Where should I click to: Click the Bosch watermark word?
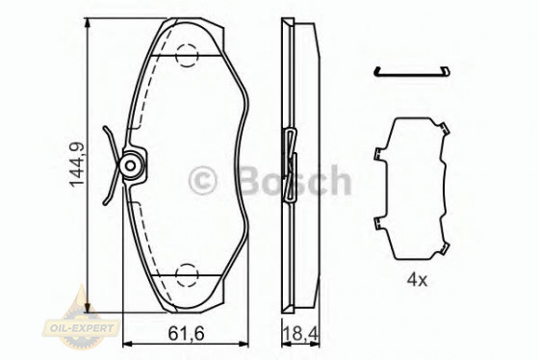tap(293, 179)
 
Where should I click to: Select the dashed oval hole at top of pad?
tap(188, 56)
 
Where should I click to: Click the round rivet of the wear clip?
tap(130, 167)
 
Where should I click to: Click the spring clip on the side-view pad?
tap(292, 154)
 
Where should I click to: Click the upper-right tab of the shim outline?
tap(446, 129)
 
